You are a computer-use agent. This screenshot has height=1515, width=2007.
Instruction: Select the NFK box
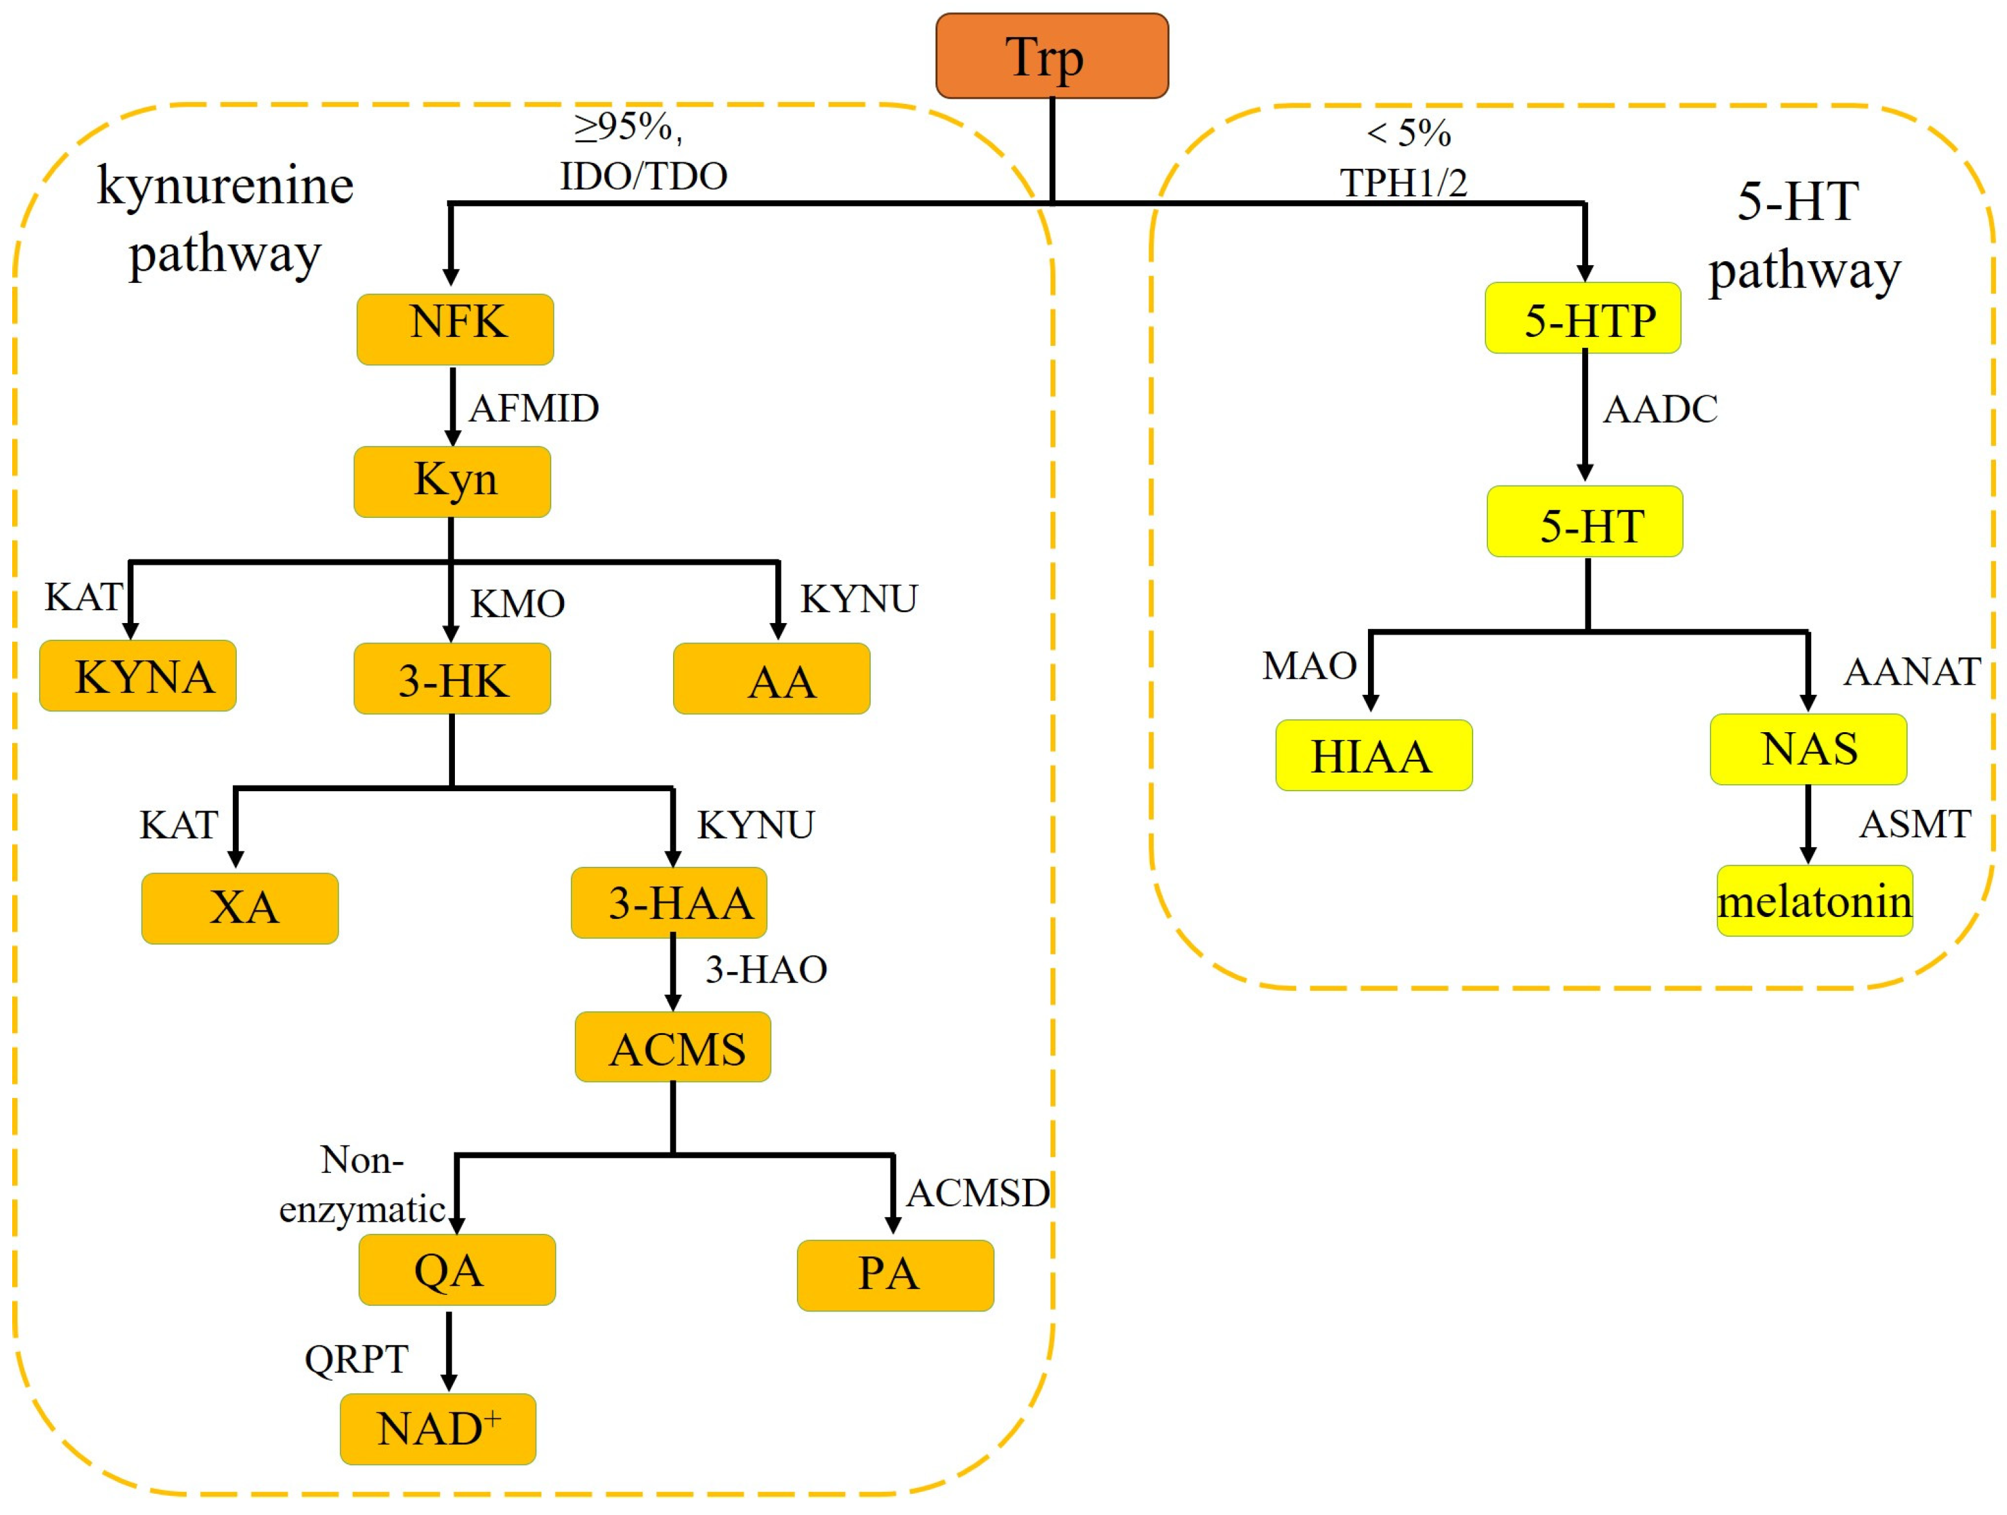[x=454, y=329]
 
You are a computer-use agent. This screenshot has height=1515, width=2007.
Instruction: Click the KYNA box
[x=138, y=676]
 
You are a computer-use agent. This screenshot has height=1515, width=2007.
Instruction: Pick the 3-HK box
[x=452, y=679]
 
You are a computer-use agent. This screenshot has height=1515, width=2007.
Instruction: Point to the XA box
[x=239, y=908]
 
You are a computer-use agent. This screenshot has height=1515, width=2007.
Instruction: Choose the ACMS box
[x=672, y=1048]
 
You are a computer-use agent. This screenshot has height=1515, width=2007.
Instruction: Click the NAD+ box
[x=438, y=1429]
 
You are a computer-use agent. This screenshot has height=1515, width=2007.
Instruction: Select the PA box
[x=894, y=1274]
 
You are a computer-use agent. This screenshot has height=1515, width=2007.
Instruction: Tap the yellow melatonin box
[x=1815, y=901]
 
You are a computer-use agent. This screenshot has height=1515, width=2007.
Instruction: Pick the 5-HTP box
[x=1582, y=318]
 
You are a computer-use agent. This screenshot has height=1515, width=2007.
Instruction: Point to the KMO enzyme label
[x=517, y=603]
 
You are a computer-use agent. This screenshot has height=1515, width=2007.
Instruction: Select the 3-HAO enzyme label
[x=766, y=970]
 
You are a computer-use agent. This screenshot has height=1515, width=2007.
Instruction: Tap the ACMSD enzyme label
[x=978, y=1193]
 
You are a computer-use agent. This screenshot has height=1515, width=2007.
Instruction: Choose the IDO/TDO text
[x=644, y=176]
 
